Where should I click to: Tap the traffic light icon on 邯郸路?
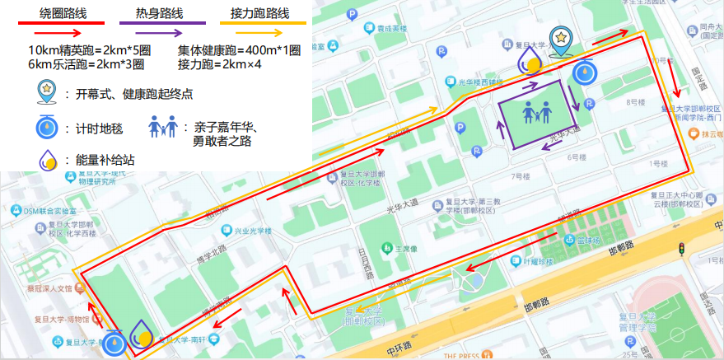click(x=682, y=249)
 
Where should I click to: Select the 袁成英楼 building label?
click(x=391, y=28)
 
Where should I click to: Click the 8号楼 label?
click(x=634, y=102)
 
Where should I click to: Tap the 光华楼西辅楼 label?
click(x=484, y=82)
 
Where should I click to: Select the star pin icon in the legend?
click(x=46, y=92)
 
